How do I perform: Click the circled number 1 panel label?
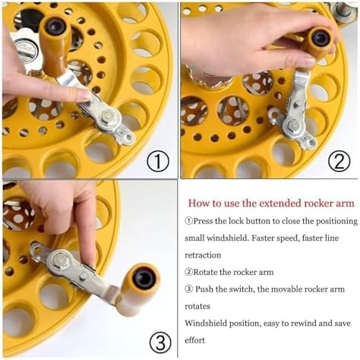pos(158,162)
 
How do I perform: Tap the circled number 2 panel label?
pos(339,162)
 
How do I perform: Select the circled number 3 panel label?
pos(160,342)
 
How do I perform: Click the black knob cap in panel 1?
pos(56,27)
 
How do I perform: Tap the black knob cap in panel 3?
pos(144,278)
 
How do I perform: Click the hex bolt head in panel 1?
pos(108,117)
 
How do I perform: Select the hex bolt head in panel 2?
pos(294,125)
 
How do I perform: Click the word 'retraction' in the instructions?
pos(203,255)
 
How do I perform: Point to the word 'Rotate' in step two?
pos(205,272)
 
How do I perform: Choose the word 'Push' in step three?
pos(204,289)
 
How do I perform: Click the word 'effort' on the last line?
pos(194,340)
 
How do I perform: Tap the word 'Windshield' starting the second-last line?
pos(206,324)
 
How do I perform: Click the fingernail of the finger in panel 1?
pos(84,96)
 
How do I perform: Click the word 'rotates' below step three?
pos(197,306)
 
